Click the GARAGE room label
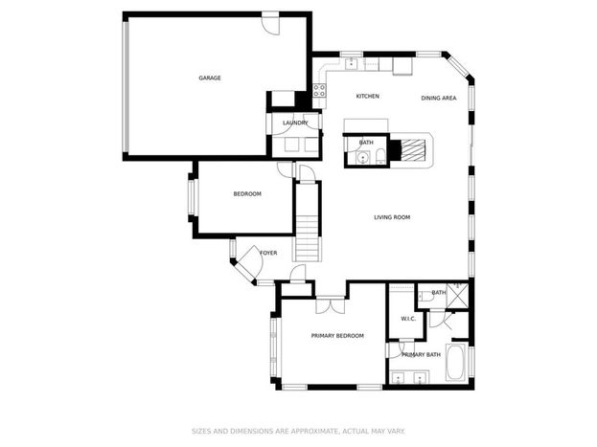(210, 78)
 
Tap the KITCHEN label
(367, 97)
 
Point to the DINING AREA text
(439, 99)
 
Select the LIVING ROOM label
(392, 217)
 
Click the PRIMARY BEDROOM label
(337, 336)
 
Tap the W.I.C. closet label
(408, 319)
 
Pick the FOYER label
(268, 253)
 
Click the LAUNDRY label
(295, 123)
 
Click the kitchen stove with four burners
(319, 91)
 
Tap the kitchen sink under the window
(351, 64)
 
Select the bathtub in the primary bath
(456, 362)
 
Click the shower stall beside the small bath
(458, 295)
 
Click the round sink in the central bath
(363, 156)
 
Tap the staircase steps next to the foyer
(307, 238)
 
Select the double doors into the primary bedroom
(331, 305)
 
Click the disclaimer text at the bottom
(298, 432)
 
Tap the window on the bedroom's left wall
(192, 198)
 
